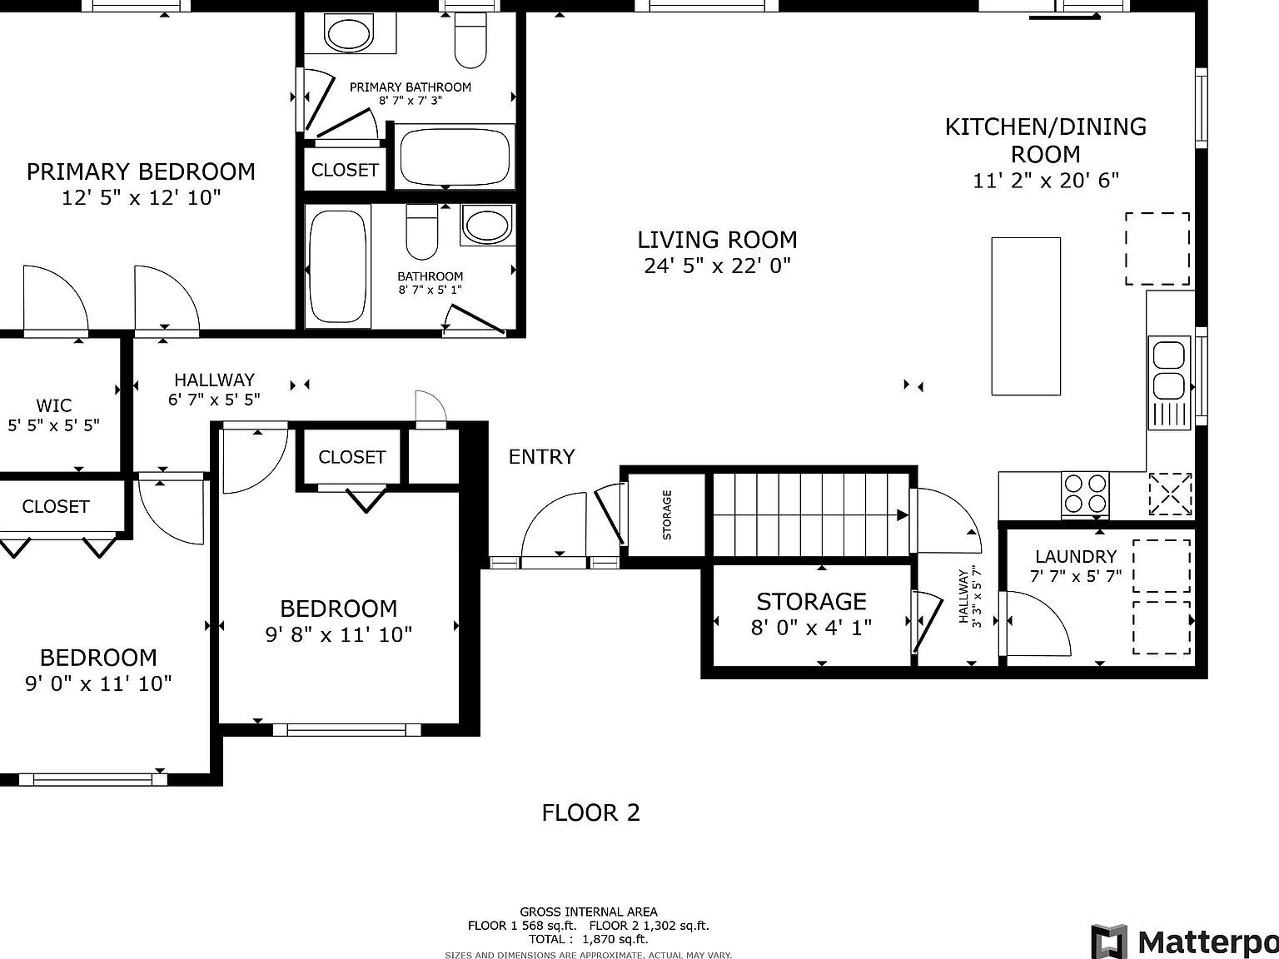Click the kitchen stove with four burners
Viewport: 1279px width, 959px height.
(1085, 494)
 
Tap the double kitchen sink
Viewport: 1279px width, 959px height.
(1169, 383)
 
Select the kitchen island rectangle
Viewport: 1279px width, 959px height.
(1026, 316)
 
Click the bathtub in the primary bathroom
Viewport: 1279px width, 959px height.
(455, 157)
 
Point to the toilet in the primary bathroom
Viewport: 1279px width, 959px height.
(470, 39)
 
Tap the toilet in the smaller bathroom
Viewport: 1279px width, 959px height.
(422, 231)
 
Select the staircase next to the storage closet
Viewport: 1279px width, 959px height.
(811, 514)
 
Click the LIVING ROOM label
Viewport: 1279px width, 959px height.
(717, 240)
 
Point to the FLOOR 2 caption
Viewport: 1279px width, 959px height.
(591, 812)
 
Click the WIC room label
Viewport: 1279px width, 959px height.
(54, 405)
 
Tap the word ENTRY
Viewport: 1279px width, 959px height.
(542, 456)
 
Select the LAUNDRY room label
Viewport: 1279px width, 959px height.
(1076, 557)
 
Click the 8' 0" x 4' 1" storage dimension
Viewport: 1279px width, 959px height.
(811, 628)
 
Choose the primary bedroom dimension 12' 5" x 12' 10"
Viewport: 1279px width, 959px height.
(141, 197)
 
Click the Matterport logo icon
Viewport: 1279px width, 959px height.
(1109, 941)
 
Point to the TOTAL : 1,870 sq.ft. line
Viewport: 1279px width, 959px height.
(589, 939)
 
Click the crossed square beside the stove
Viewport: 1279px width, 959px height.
(1170, 494)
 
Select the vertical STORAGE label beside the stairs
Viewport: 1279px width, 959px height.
(667, 514)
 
